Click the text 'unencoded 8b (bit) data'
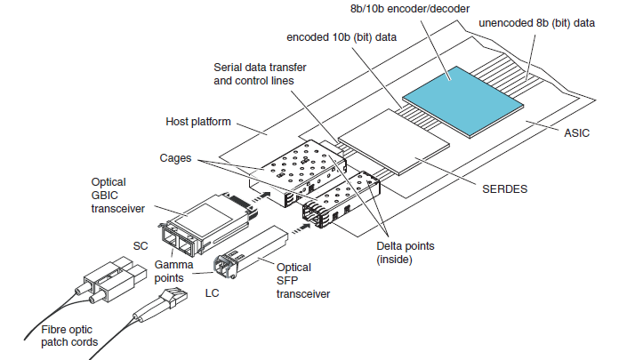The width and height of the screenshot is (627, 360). point(536,22)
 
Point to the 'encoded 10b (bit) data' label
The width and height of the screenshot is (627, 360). point(337,39)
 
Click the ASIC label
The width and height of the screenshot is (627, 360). point(577,133)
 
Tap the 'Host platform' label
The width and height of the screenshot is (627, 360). point(198,122)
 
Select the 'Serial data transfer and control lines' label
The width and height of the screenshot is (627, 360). point(253,74)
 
